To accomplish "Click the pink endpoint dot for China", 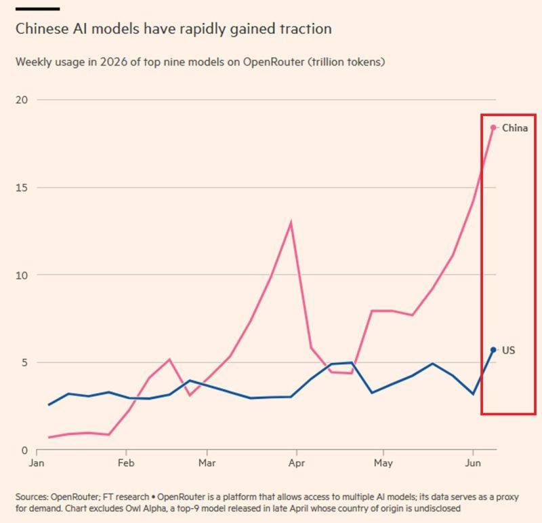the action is coord(493,128).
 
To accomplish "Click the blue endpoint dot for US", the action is coord(493,350).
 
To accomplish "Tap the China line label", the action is coord(515,128).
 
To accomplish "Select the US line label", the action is coord(509,350).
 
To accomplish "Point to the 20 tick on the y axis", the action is coord(22,100).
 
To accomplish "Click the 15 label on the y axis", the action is coord(22,188).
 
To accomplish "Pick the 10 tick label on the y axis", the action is coord(22,275).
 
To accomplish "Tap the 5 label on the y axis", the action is coord(24,362).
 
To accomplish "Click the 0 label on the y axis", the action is coord(24,450).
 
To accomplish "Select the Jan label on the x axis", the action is coord(37,463).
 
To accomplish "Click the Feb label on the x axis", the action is coord(126,463).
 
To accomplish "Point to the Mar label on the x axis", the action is coord(207,463).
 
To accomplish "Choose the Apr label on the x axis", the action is coord(297,463).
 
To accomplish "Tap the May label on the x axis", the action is coord(383,463).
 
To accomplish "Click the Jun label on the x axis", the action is coord(473,463).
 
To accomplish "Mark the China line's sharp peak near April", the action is coord(291,222).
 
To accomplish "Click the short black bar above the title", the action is coord(37,9).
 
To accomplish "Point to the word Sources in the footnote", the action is coord(31,497).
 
